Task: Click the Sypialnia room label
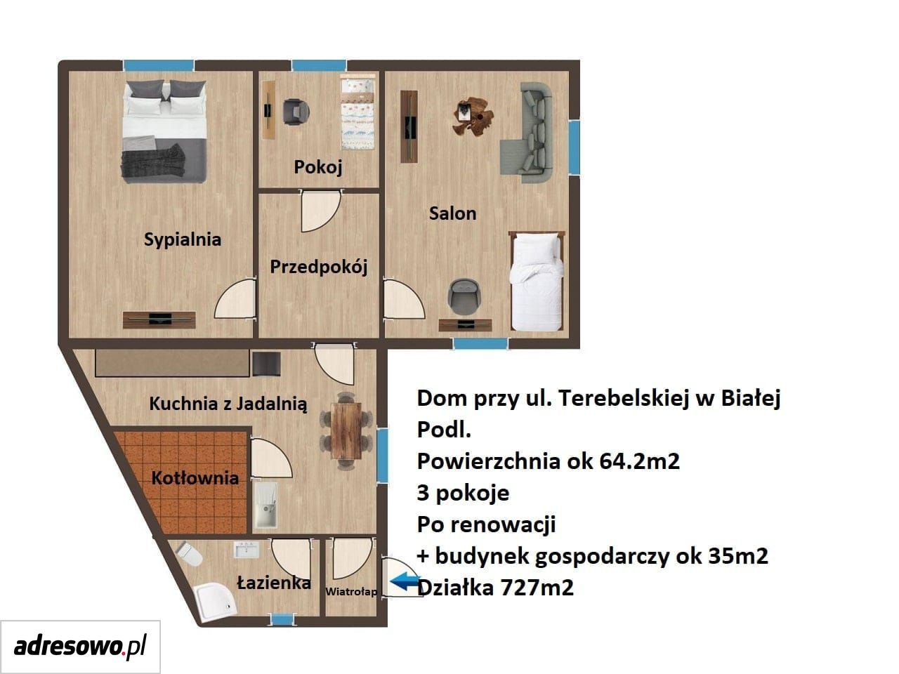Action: [182, 240]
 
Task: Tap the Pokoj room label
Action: [318, 167]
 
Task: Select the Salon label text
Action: [452, 213]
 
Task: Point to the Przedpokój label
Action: [319, 267]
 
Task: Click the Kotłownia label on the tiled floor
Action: [195, 478]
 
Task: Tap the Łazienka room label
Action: [274, 582]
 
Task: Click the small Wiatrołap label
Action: [351, 592]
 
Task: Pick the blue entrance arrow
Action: [405, 581]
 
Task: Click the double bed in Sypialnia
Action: [164, 131]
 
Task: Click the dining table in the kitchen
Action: [346, 430]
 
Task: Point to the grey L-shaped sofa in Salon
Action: [527, 132]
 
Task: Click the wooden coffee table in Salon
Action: [473, 116]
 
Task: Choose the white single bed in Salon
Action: [536, 281]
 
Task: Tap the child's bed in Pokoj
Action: [358, 112]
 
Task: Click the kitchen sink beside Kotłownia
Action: [265, 505]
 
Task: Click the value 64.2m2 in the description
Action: [639, 461]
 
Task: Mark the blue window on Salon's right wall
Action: [575, 147]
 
